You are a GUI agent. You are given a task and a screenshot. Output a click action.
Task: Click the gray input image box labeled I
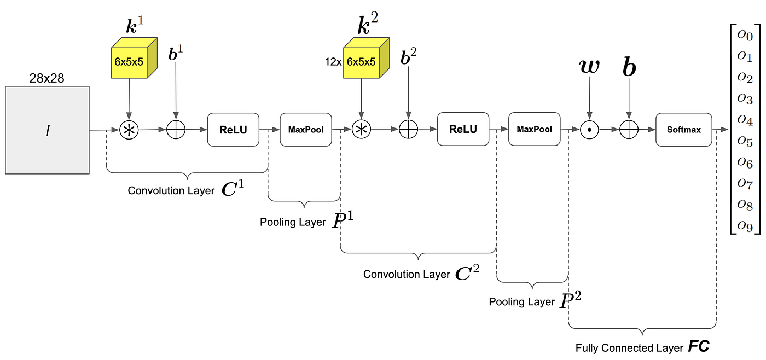(x=47, y=130)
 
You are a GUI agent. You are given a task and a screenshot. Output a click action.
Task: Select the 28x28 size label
(x=47, y=78)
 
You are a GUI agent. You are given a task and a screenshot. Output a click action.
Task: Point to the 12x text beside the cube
(x=332, y=62)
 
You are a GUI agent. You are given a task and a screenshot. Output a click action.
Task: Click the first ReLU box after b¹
(x=233, y=130)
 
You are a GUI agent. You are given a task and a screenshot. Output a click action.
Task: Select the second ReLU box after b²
(x=463, y=130)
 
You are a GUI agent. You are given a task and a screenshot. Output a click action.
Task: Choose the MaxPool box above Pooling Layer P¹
(x=306, y=130)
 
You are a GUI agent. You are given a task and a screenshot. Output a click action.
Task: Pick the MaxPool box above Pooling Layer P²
(x=535, y=130)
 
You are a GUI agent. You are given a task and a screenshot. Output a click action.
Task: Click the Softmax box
(x=684, y=130)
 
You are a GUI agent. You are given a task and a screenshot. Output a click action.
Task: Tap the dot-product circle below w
(x=589, y=130)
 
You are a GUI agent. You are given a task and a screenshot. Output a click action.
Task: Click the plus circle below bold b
(x=629, y=130)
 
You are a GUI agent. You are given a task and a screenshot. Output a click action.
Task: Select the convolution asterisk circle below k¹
(x=129, y=130)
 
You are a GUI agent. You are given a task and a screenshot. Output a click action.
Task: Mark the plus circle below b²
(x=408, y=130)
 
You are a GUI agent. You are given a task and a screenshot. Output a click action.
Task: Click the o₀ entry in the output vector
(x=745, y=36)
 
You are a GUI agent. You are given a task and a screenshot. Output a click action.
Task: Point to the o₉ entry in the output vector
(x=745, y=224)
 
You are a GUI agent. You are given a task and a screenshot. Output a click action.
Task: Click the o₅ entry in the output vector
(x=745, y=141)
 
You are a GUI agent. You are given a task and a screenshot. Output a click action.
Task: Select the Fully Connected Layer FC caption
(x=642, y=347)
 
